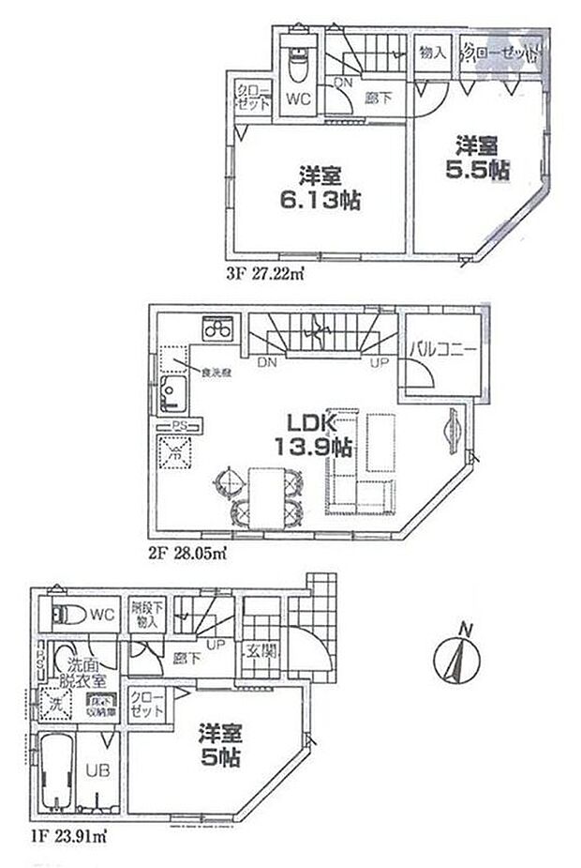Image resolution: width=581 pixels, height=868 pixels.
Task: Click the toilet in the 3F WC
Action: click(x=297, y=64)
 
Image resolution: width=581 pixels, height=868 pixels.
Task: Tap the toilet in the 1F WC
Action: click(x=67, y=616)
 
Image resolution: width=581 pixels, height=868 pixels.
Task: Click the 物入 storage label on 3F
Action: click(x=432, y=53)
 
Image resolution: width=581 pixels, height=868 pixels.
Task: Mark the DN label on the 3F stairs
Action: click(x=344, y=83)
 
